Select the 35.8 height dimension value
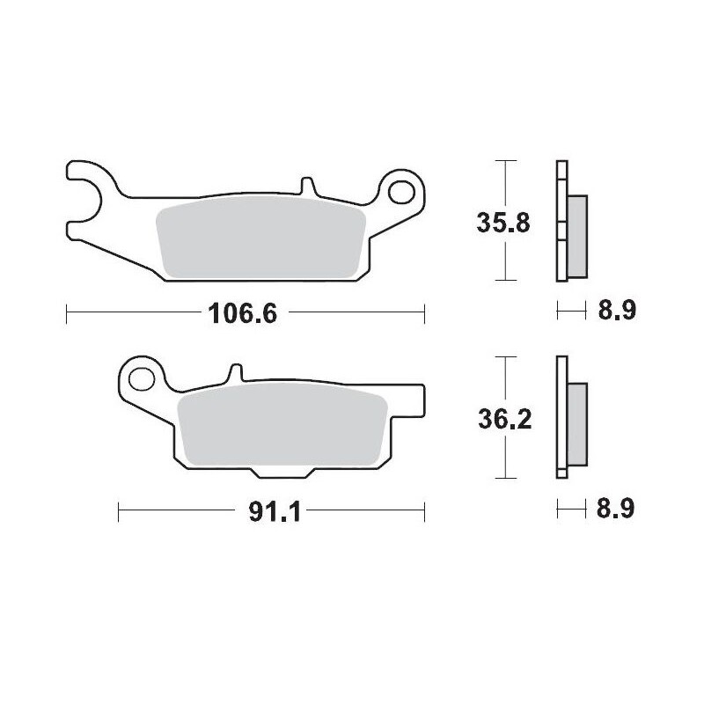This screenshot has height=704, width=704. click(502, 223)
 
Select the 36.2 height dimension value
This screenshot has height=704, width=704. click(502, 422)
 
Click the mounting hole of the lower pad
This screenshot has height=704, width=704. click(139, 379)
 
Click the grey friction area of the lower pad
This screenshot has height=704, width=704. click(282, 428)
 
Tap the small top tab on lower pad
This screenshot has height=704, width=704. click(235, 373)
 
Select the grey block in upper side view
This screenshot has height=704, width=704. click(577, 234)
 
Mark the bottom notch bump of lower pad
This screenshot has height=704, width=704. click(282, 472)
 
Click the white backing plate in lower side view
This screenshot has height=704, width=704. click(561, 418)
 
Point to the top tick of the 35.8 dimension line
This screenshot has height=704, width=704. click(502, 162)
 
